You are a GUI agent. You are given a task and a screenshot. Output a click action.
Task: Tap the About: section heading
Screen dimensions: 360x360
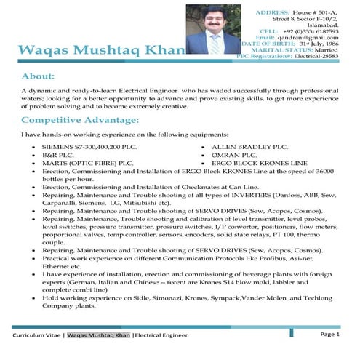pos(42,76)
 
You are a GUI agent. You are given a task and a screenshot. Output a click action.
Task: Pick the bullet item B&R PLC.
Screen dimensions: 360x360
pos(58,155)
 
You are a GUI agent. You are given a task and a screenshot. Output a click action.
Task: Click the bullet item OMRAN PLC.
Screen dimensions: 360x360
pos(234,155)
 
